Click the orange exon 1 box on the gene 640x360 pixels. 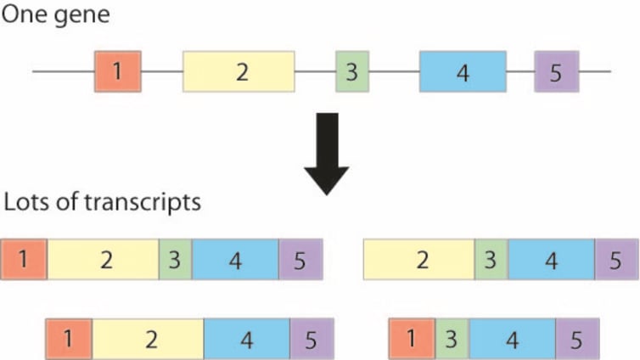[x=117, y=71]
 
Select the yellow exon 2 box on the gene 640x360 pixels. [x=239, y=71]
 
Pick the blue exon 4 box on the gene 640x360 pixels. [x=463, y=71]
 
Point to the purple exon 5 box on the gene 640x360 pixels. [x=556, y=71]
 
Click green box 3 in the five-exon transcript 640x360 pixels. [x=175, y=259]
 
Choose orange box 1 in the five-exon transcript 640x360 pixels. [x=24, y=259]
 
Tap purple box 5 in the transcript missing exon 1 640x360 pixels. [x=616, y=259]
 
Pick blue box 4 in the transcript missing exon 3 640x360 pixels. [x=246, y=339]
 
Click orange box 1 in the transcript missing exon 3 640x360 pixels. [x=69, y=339]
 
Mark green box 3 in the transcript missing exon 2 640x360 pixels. [x=452, y=339]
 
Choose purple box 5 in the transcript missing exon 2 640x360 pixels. [x=577, y=339]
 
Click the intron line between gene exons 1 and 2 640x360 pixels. [x=161, y=71]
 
